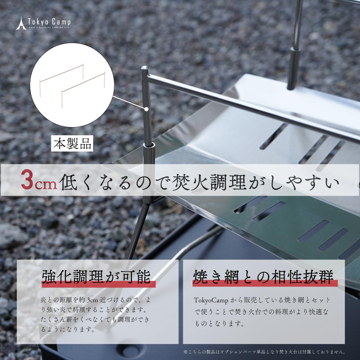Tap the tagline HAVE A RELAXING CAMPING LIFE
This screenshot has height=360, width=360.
tap(49, 28)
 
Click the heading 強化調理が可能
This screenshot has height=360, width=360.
tap(96, 276)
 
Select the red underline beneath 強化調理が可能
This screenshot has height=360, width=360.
tap(99, 284)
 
